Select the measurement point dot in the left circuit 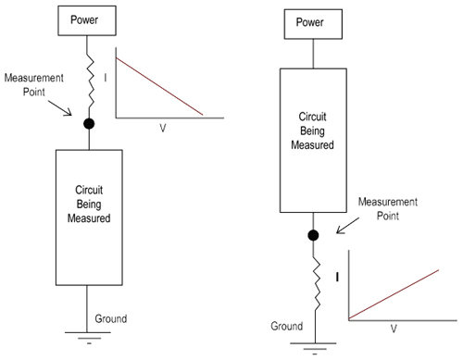(87, 123)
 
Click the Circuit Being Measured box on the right (314, 130)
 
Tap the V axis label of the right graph (394, 328)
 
